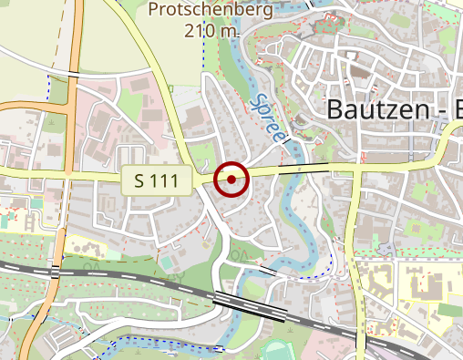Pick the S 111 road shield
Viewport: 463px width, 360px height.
click(157, 180)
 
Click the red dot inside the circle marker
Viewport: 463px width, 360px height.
click(231, 180)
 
